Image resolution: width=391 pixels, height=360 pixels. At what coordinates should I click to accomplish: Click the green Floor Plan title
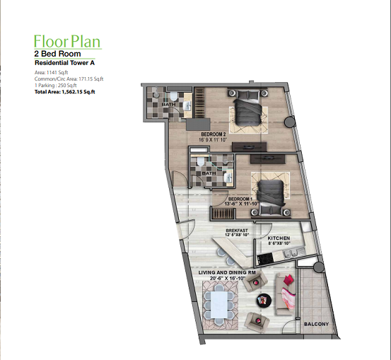point(67,42)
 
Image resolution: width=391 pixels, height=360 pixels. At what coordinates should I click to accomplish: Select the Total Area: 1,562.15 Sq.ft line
point(65,92)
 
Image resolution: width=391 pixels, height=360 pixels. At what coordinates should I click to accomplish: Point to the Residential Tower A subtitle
point(64,63)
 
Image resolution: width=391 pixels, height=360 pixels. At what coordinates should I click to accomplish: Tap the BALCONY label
point(317,324)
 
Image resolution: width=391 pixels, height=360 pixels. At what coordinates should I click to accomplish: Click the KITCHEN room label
point(279,238)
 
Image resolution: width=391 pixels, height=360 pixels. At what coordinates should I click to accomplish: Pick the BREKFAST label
point(237,231)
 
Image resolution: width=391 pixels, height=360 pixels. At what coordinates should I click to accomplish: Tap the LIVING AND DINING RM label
point(227,273)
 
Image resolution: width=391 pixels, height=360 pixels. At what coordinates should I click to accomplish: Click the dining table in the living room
point(219,305)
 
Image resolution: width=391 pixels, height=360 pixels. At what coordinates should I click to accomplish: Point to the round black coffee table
point(264,300)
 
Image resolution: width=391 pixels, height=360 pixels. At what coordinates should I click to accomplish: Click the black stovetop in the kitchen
point(265,258)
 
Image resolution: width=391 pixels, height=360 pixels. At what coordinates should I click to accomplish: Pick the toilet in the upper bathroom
point(173,95)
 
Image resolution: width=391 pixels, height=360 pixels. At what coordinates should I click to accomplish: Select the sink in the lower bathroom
point(228,178)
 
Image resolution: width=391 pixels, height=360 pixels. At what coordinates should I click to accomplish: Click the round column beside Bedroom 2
point(290,122)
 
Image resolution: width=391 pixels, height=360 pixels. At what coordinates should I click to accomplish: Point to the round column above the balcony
point(318,267)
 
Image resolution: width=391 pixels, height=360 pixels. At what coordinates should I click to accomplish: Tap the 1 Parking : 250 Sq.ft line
point(56,86)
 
